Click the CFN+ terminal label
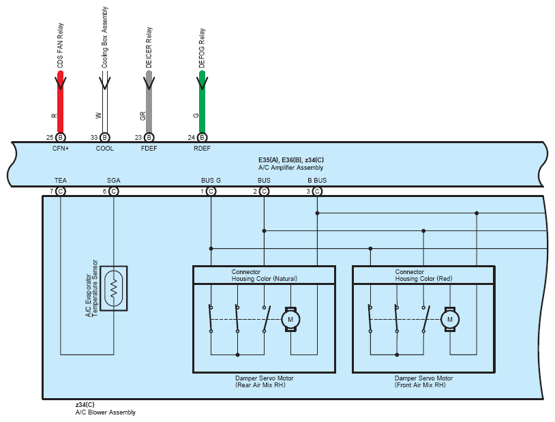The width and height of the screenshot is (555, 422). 61,148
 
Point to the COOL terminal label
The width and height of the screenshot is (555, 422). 104,148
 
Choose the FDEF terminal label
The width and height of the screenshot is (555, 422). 149,148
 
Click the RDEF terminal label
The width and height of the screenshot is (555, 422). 202,148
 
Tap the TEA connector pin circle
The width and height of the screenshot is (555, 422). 61,192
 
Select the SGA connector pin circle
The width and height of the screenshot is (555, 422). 114,192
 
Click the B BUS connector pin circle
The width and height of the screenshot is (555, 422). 317,192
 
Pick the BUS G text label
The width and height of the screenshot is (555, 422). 211,181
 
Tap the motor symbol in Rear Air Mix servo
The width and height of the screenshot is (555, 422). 290,319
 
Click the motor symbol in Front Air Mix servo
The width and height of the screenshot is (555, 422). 449,319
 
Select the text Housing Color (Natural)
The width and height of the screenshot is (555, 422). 264,279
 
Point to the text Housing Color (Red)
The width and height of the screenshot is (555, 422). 423,279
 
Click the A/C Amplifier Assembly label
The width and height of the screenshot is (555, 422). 290,168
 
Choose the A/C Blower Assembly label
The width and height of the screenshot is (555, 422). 105,412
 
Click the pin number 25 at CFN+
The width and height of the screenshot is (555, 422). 50,138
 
